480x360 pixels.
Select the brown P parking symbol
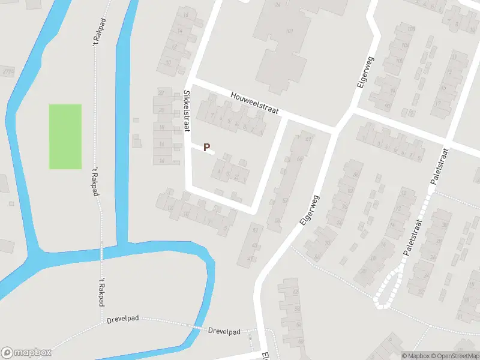pos(207,147)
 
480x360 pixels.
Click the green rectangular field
pos(65,136)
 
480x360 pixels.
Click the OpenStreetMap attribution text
pos(452,356)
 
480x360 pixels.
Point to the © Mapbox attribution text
pos(413,356)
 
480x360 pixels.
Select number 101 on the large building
pos(290,31)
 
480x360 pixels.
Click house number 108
pos(411,29)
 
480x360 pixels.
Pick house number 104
pos(403,46)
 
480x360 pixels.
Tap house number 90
pos(388,106)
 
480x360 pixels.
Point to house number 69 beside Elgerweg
pos(308,139)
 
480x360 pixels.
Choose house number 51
pos(256,230)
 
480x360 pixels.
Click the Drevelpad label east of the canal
pos(224,331)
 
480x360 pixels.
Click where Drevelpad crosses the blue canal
pos(196,327)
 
